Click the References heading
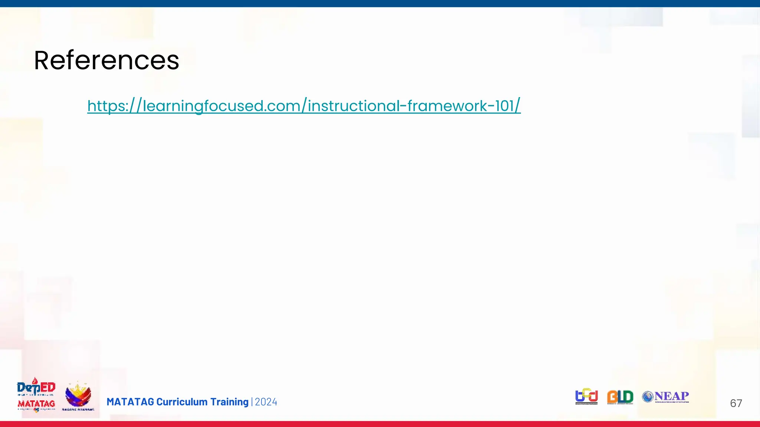click(x=107, y=60)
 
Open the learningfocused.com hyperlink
click(x=304, y=106)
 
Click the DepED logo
click(x=36, y=387)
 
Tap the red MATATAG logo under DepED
click(x=36, y=404)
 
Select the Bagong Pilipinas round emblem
click(x=78, y=396)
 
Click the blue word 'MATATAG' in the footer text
click(x=130, y=402)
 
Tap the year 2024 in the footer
click(x=266, y=402)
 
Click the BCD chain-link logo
click(x=586, y=397)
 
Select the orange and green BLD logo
click(x=620, y=397)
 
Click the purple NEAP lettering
click(x=672, y=396)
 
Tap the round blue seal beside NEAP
click(x=648, y=397)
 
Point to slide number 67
click(x=736, y=403)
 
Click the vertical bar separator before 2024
click(x=252, y=402)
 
